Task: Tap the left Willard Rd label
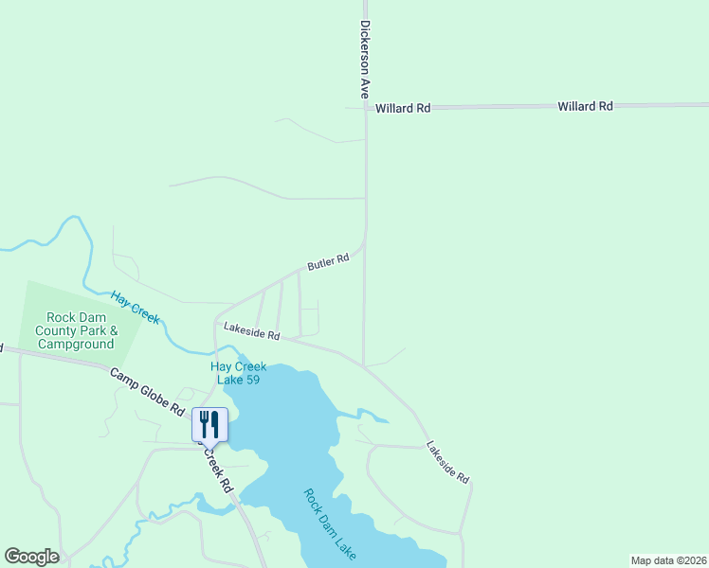403,109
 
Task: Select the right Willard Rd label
585,107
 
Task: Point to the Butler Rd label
328,261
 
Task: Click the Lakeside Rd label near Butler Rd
252,331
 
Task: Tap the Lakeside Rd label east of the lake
447,463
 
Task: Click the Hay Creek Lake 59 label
237,373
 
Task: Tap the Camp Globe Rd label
147,392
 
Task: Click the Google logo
31,557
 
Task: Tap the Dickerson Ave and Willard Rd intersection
365,108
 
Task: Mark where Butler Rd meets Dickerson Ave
365,230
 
